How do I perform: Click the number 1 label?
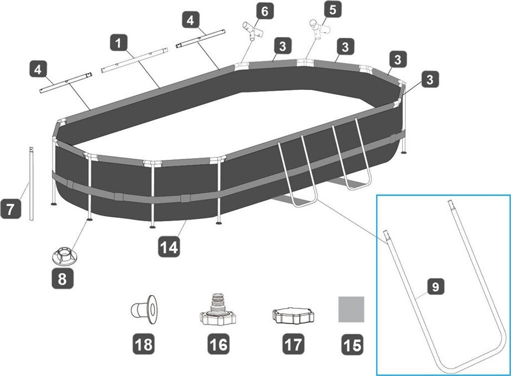tap(118, 43)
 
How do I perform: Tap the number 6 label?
tap(264, 10)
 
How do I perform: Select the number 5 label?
tap(332, 9)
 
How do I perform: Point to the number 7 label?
tap(10, 208)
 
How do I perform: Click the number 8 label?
tap(62, 279)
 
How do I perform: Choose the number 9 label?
tap(435, 287)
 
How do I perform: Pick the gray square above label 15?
tap(351, 309)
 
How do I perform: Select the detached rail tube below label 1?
tap(133, 60)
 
